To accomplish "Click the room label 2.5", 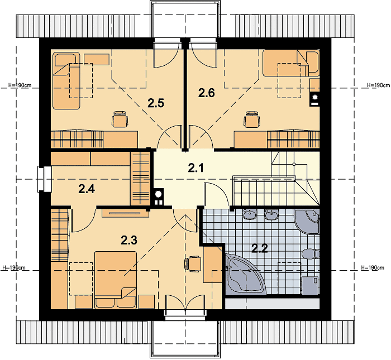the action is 156,103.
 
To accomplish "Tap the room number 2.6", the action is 207,93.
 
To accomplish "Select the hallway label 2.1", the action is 195,168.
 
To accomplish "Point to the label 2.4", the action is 87,189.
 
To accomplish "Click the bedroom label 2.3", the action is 129,240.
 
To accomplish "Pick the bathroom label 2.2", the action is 260,248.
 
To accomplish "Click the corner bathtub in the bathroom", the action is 243,274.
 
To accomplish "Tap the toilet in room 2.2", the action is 311,254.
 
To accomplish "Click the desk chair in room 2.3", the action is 193,263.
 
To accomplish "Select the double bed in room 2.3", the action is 116,280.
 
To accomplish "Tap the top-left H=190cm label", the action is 20,85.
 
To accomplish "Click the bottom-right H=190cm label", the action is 373,267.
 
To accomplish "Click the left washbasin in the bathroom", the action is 250,214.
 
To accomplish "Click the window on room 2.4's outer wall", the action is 45,179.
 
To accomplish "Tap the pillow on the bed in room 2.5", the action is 65,60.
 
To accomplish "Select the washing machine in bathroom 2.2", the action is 311,285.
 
